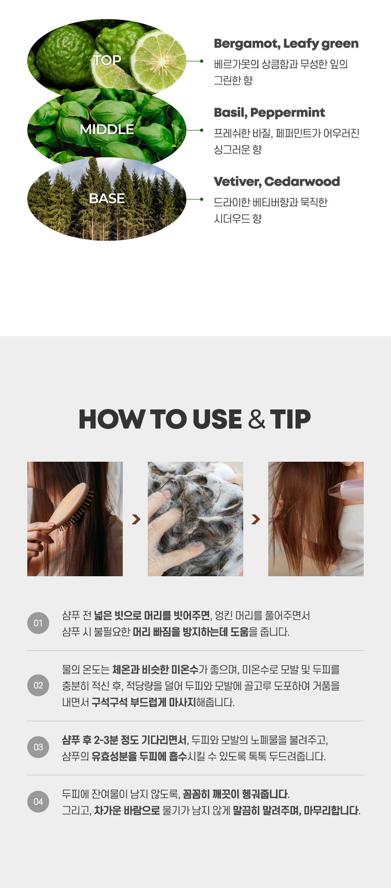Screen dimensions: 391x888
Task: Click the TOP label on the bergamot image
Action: (107, 60)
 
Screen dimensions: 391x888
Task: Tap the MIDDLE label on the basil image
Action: (107, 130)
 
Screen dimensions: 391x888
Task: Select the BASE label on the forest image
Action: (107, 199)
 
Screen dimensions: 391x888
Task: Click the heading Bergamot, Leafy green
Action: (286, 44)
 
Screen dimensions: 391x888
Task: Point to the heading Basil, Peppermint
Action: (269, 113)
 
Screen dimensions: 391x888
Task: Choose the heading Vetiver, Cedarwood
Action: (276, 182)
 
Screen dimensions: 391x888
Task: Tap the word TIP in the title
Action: (290, 419)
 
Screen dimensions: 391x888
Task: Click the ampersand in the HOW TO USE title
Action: (257, 419)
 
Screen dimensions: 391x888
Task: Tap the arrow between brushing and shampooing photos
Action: (135, 519)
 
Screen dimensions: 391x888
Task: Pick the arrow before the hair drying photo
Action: (256, 519)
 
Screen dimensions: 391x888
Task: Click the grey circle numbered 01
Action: (38, 624)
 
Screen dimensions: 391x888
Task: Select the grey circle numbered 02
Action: (38, 686)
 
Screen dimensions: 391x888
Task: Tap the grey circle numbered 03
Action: (38, 747)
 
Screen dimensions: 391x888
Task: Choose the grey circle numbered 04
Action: (38, 802)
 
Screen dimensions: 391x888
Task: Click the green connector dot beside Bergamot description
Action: (201, 61)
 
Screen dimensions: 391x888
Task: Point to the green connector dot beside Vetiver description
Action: (201, 199)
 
